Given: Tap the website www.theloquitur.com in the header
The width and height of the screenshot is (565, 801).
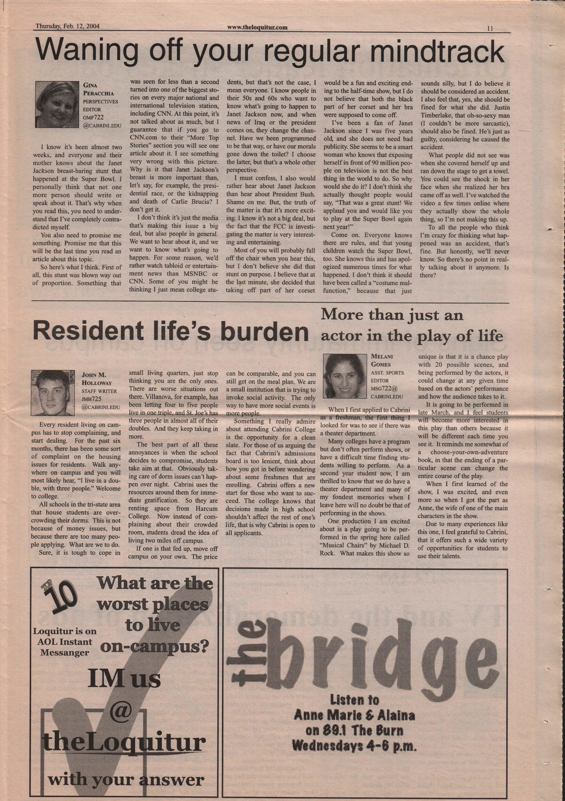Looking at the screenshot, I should pos(257,27).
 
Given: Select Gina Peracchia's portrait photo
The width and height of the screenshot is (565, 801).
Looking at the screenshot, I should pos(57,102).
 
